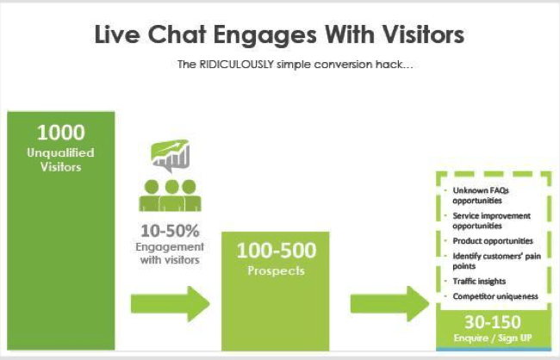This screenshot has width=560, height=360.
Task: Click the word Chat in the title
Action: coord(177,34)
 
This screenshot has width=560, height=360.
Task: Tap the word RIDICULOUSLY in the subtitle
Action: coord(236,65)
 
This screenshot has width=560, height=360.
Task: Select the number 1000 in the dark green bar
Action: coord(61,133)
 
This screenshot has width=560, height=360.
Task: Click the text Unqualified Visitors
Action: coord(60,159)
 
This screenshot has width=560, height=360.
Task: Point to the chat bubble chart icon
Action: coord(171,155)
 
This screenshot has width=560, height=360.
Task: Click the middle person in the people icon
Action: coord(171,196)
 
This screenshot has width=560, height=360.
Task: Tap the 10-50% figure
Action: coord(170,231)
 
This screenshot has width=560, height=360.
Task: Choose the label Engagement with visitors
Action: coord(170,253)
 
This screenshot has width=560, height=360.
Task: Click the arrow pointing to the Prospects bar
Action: coord(170,304)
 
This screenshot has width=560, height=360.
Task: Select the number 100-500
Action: coord(277,250)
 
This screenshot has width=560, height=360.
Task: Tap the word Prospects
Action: coord(276,270)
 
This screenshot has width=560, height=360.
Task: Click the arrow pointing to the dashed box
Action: coord(389,304)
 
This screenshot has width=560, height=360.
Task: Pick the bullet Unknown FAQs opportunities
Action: coord(481,196)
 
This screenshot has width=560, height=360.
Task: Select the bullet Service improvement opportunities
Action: coord(491,220)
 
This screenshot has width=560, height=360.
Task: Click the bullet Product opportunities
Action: coord(493,241)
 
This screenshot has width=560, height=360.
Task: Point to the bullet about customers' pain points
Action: coord(496,261)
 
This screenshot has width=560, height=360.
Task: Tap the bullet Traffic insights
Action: coord(479,282)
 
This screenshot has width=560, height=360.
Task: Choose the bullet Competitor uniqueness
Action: coord(495,296)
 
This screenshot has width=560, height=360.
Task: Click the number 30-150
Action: coord(493,322)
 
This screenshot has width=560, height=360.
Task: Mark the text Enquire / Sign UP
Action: coord(493,338)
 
